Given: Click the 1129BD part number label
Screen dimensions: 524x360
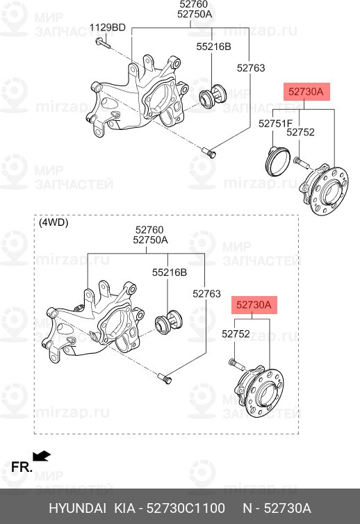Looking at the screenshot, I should pyautogui.click(x=108, y=27).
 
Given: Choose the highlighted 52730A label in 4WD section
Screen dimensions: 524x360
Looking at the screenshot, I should pyautogui.click(x=252, y=304).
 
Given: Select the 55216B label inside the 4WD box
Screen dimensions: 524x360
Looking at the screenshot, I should pyautogui.click(x=170, y=272).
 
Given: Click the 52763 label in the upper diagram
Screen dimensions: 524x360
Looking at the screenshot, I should pyautogui.click(x=251, y=67).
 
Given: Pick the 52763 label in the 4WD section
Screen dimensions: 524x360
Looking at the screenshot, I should pyautogui.click(x=206, y=294).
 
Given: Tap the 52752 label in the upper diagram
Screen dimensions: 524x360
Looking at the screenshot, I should pyautogui.click(x=301, y=132).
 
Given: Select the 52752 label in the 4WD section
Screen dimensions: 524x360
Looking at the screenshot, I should pyautogui.click(x=236, y=334).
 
